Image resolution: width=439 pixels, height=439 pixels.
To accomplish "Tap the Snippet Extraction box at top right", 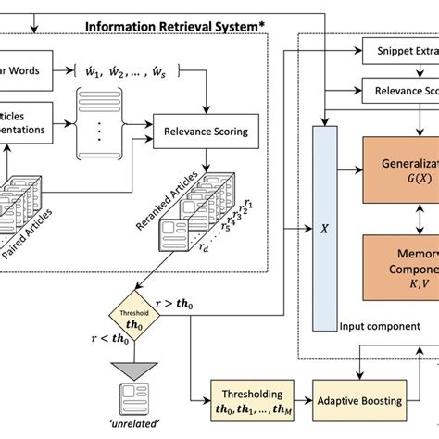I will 399,50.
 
